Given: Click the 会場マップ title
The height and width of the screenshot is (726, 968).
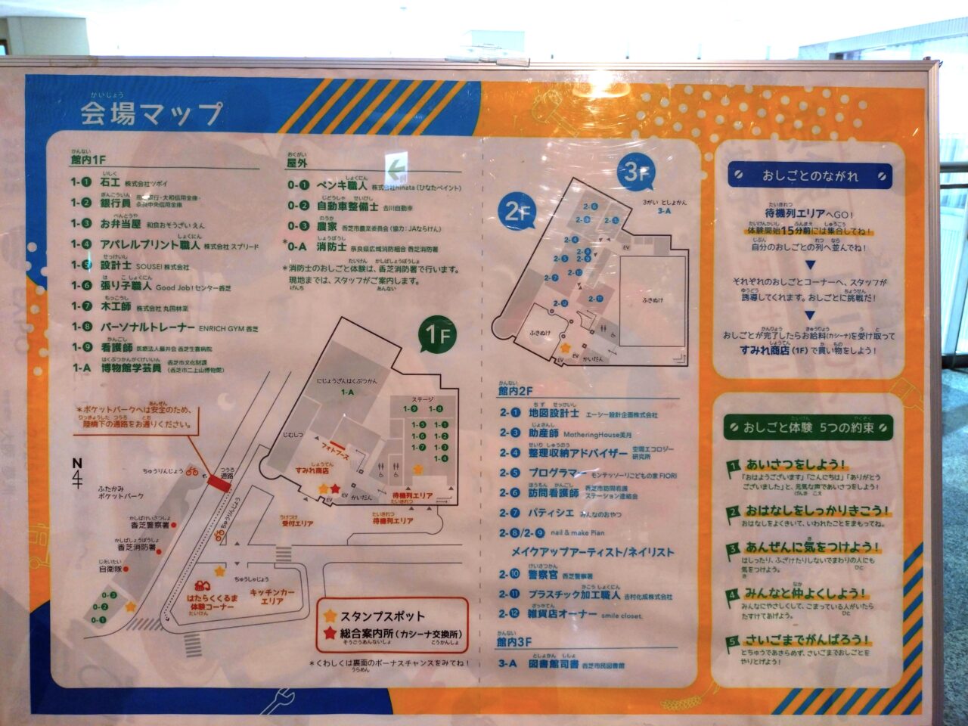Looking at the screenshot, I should point(151,113).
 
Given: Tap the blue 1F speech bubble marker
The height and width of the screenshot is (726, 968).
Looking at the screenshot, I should point(439,335).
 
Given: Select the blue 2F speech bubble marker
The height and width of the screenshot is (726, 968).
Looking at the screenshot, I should point(518,213).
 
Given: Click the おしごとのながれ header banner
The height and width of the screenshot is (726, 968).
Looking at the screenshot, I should point(810,175).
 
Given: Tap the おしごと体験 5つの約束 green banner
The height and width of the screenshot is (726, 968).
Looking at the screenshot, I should point(808,427).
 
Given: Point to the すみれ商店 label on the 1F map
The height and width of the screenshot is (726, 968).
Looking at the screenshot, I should point(312,470).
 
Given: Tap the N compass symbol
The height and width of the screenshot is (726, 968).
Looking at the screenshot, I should point(77,472).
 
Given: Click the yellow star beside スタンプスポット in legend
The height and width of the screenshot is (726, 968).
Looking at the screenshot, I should point(329,616).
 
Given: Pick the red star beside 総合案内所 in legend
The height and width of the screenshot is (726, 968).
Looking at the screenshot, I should point(329,634).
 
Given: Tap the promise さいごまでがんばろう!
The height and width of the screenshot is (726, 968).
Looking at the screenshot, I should point(807,640).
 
